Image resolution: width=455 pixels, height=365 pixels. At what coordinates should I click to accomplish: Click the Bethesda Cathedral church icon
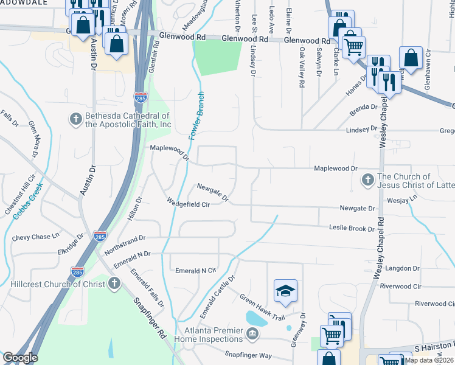75,118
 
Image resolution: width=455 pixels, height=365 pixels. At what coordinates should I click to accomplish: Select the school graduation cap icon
284,291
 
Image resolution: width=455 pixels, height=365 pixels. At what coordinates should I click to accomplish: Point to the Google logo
19,358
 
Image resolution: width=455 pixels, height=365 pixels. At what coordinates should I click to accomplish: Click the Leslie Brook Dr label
352,229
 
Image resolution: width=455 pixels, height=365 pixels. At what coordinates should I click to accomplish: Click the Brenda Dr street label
363,111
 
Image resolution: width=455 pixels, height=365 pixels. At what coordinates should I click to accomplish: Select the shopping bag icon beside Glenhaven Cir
411,58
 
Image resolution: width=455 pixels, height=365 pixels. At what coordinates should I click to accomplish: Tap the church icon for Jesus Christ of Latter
367,179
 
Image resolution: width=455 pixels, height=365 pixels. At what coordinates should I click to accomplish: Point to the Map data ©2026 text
429,360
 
